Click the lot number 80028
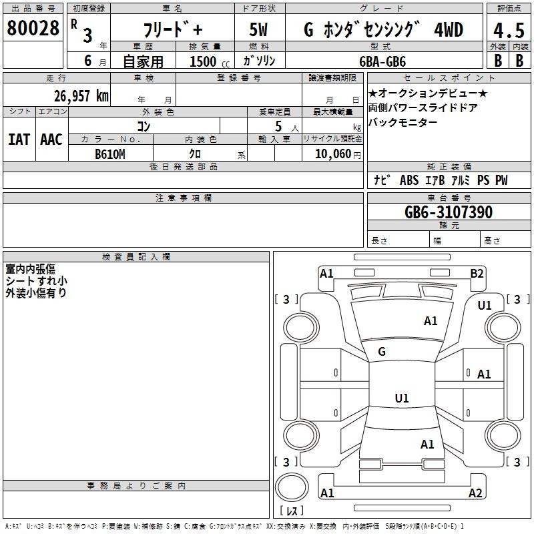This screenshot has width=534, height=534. pyautogui.click(x=32, y=29)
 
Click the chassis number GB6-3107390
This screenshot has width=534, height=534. pyautogui.click(x=449, y=213)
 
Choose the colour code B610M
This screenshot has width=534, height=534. pyautogui.click(x=110, y=154)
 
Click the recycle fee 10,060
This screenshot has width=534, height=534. pyautogui.click(x=331, y=154)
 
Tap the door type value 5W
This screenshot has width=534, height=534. pyautogui.click(x=258, y=31)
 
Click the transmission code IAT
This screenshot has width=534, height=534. pyautogui.click(x=19, y=140)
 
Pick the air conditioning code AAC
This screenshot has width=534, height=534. pyautogui.click(x=51, y=140)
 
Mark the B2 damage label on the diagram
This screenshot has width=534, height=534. pyautogui.click(x=477, y=273)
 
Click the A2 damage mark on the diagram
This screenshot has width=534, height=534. pyautogui.click(x=475, y=493)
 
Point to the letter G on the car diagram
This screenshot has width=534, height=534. pyautogui.click(x=382, y=351)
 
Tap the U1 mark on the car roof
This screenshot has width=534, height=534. pyautogui.click(x=401, y=398)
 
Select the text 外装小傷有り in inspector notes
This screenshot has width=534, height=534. pyautogui.click(x=36, y=292)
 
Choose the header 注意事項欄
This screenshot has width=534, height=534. pyautogui.click(x=183, y=198)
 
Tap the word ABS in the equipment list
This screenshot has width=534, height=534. pyautogui.click(x=409, y=180)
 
